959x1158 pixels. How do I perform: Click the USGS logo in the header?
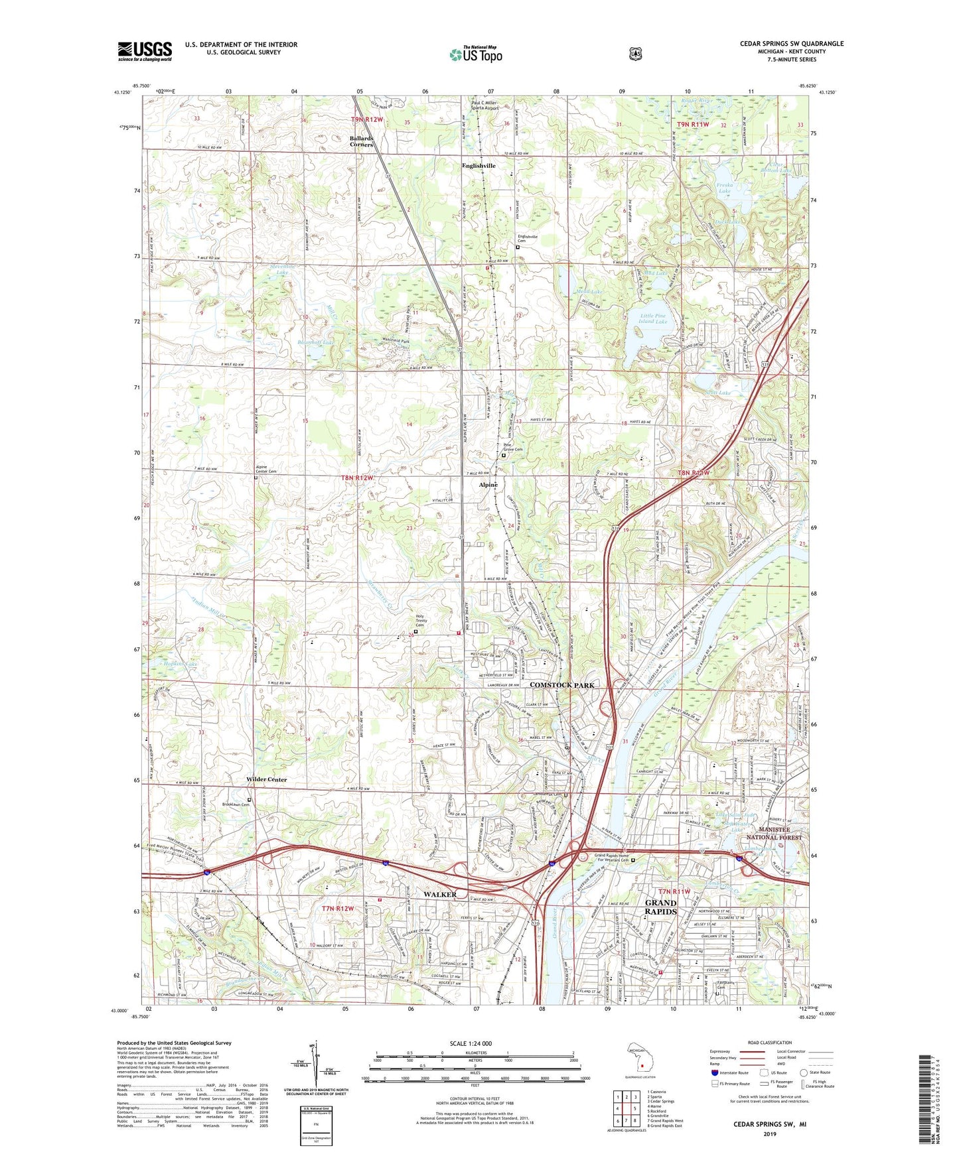tap(145, 50)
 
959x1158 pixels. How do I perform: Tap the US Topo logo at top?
tap(475, 54)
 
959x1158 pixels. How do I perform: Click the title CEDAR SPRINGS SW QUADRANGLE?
tap(792, 44)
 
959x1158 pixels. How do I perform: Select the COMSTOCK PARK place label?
tap(561, 684)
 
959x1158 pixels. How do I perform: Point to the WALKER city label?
tap(440, 894)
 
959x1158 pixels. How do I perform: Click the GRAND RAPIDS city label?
tap(661, 907)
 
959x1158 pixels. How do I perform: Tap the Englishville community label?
tap(479, 166)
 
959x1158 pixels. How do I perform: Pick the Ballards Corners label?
tap(362, 141)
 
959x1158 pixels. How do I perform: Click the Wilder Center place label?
tap(267, 779)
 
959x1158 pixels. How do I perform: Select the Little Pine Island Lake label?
tap(652, 318)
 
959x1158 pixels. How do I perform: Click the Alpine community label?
tap(488, 485)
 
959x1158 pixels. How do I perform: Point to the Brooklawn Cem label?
tap(236, 804)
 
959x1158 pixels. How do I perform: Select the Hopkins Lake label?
tap(181, 664)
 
